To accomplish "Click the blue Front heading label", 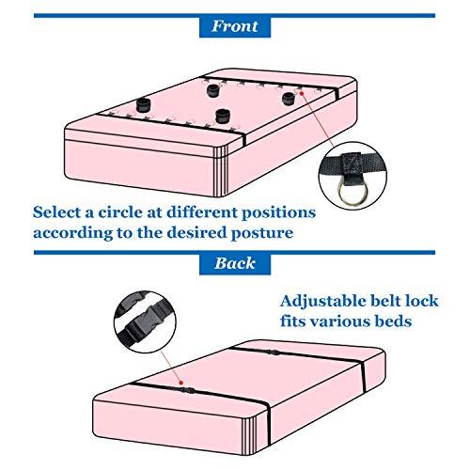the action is pos(235,26).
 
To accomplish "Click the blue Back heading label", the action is pos(235,263).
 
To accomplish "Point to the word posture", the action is pos(262,233).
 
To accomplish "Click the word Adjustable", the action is pos(323,302).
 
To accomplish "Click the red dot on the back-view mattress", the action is pos(180,383).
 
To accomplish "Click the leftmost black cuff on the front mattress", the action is pos(144,104).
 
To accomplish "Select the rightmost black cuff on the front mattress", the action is pos(289,99).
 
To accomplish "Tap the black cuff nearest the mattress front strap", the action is pos(223,116).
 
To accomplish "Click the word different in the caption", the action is pos(202,212).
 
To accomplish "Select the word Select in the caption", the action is pos(56,212).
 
